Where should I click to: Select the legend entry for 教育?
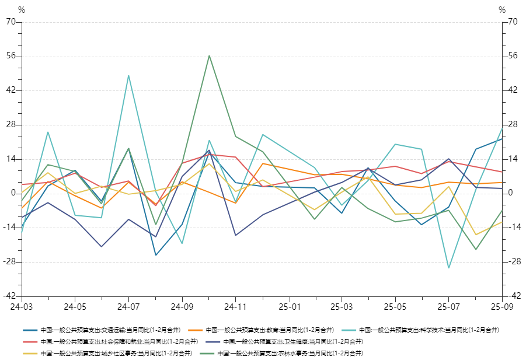270,330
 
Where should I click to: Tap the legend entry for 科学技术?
429,330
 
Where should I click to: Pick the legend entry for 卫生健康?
292,341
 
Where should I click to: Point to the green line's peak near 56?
209,55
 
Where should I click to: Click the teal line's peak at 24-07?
128,76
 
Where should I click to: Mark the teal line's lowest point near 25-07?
448,268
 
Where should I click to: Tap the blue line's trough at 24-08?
156,255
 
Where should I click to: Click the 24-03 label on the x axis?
22,306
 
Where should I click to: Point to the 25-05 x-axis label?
395,306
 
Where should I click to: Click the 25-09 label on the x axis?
501,306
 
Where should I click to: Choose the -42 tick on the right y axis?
514,296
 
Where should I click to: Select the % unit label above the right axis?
502,10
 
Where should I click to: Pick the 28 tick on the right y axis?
513,125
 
